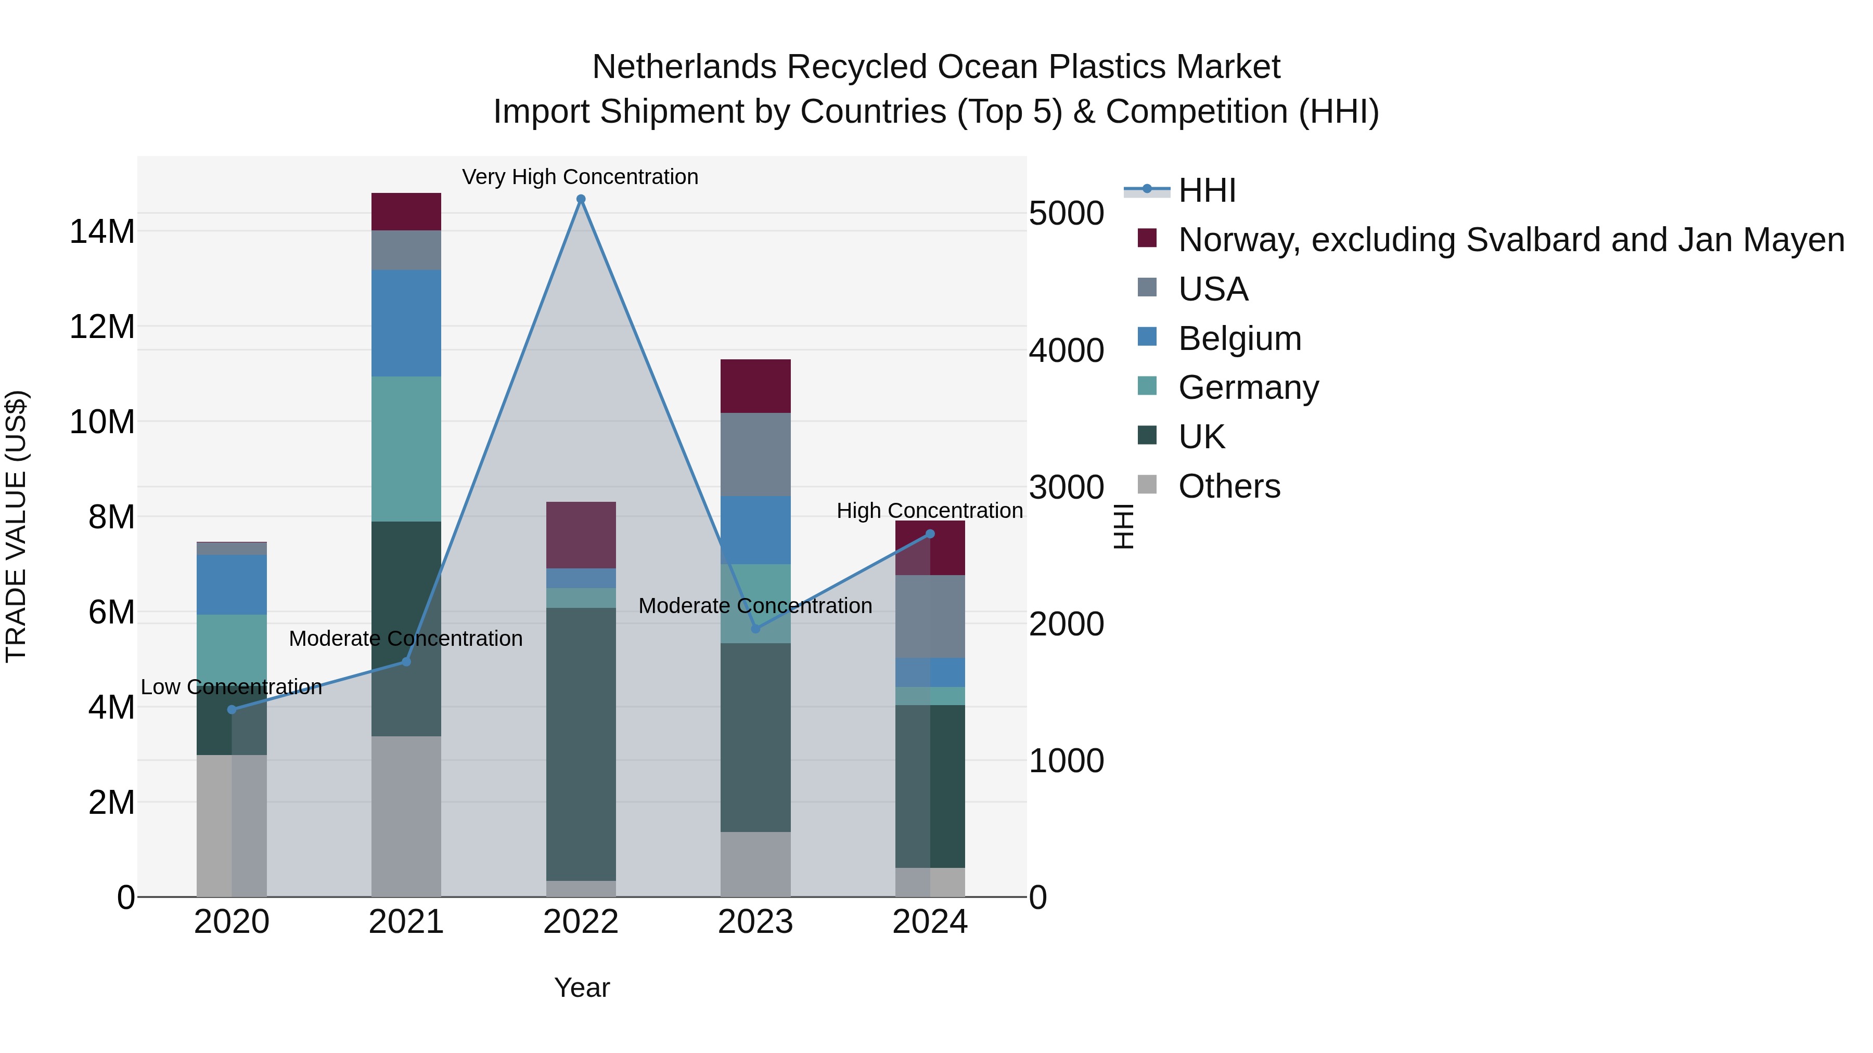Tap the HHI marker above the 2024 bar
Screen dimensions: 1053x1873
tap(929, 534)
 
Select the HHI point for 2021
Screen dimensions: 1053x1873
tap(406, 661)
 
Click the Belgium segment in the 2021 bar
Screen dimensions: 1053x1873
tap(406, 323)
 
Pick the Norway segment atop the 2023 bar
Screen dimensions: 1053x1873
tap(755, 386)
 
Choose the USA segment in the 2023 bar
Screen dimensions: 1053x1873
tap(755, 454)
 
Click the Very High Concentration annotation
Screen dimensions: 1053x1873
tap(580, 177)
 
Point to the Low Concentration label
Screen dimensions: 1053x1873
tap(231, 687)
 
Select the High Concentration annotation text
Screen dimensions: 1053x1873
tap(929, 511)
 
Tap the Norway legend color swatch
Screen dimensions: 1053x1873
tap(1147, 238)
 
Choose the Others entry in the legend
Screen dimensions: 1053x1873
tap(1229, 486)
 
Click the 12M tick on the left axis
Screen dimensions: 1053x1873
tap(102, 327)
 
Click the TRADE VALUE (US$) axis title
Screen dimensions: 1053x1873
tap(16, 526)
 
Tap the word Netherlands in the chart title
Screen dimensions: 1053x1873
tap(684, 67)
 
